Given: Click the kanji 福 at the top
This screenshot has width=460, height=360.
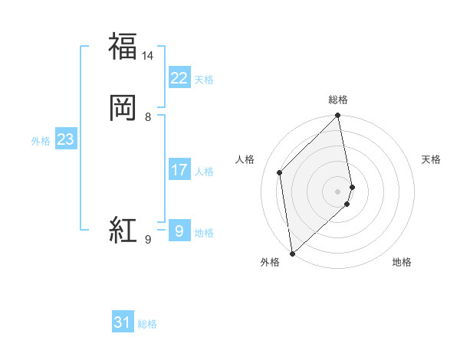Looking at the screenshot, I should pos(123,45).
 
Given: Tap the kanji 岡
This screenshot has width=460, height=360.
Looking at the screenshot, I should pos(123,106).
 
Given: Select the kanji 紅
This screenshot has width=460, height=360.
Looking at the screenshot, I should pos(123,229).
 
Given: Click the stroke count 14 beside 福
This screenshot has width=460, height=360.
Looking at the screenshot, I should pos(148,56).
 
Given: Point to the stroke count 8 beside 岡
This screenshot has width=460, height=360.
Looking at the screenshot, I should pos(148,117).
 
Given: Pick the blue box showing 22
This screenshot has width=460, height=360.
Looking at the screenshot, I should pos(179,77).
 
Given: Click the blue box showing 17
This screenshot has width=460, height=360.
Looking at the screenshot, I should pos(179,169).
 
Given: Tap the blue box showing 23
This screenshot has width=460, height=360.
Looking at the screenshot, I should pos(65,139).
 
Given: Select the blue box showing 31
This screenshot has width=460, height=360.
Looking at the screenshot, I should pos(123,322).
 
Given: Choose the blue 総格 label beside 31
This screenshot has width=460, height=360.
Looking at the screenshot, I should pos(147,324).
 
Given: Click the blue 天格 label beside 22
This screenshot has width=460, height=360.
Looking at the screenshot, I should pos(204,79).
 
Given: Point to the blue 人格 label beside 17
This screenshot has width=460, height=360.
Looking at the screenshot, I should pos(204,171).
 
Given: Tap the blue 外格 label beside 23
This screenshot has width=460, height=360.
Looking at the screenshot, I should pos(40,141).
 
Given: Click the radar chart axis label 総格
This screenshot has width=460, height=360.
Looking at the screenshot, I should pos(338,100).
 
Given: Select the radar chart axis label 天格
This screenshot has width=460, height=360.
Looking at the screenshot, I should pos(432,159).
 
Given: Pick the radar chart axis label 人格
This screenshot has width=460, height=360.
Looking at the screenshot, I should pos(245,159).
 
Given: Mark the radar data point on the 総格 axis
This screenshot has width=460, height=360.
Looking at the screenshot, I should pos(338,116).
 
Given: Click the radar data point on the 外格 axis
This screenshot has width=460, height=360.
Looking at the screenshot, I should pos(292,253).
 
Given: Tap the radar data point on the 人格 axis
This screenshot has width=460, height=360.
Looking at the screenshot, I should pos(280,172).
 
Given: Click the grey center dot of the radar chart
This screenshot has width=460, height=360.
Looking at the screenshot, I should pos(338,191).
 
